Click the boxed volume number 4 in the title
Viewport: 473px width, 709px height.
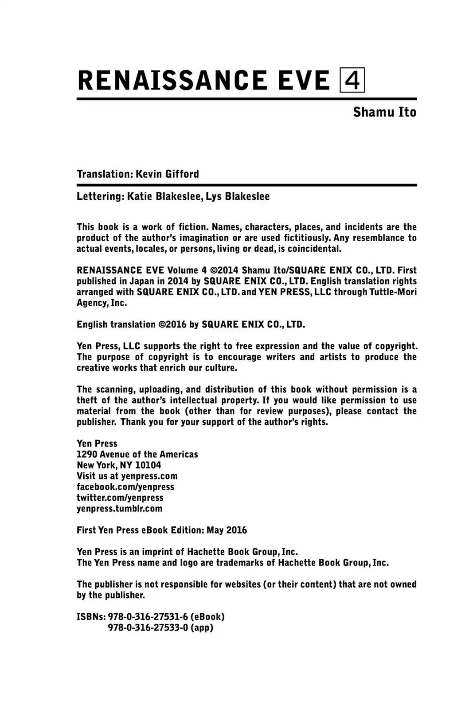pyautogui.click(x=352, y=80)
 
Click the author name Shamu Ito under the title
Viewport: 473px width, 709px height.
pyautogui.click(x=384, y=112)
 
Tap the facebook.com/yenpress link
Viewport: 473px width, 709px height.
pyautogui.click(x=125, y=487)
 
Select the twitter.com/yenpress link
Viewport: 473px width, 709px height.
pyautogui.click(x=120, y=498)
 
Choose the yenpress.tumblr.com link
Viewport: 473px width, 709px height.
pyautogui.click(x=119, y=509)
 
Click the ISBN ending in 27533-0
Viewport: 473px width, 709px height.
pyautogui.click(x=148, y=627)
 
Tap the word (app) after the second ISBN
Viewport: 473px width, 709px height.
pyautogui.click(x=202, y=627)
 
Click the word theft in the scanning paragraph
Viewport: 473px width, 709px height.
pyautogui.click(x=86, y=401)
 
